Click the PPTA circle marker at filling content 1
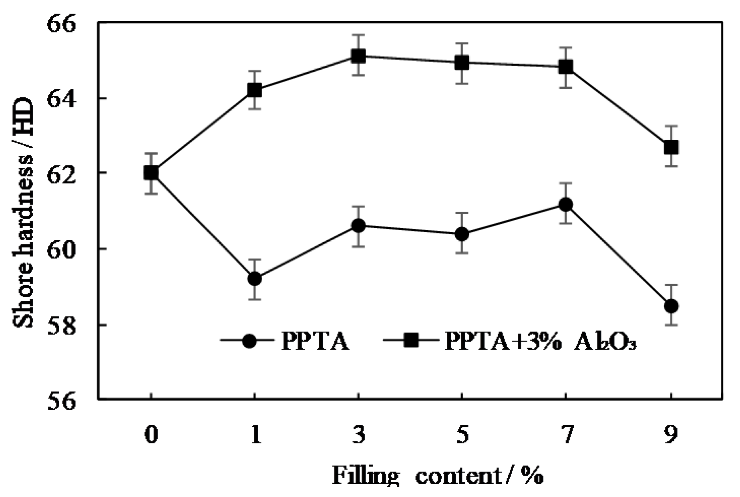[x=255, y=279]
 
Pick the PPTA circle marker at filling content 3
[x=358, y=226]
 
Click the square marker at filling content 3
[x=358, y=56]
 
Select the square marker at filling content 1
[x=255, y=90]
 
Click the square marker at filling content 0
[x=151, y=173]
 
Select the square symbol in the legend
[x=412, y=341]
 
